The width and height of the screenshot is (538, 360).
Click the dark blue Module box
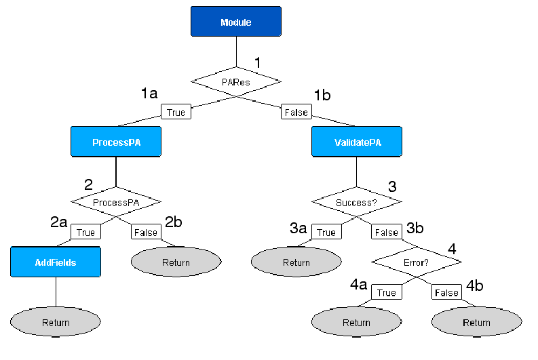click(x=235, y=22)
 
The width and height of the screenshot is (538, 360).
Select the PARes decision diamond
click(x=235, y=81)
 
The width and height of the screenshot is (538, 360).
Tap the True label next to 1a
click(x=176, y=112)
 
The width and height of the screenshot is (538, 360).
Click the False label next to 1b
click(x=296, y=112)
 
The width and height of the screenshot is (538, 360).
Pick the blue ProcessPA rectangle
click(x=116, y=142)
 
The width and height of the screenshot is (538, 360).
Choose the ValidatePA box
click(x=357, y=142)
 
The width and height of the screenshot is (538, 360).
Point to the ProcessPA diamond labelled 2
click(x=116, y=203)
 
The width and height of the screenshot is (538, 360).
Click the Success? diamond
click(x=357, y=202)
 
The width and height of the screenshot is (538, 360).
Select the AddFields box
click(x=56, y=262)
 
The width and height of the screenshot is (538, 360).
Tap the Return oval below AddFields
click(x=56, y=323)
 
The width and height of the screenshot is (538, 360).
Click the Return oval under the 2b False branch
click(x=176, y=262)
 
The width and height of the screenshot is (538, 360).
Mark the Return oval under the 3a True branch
click(x=296, y=262)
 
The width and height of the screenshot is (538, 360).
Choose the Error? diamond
click(x=417, y=262)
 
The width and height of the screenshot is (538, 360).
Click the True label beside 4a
click(x=386, y=292)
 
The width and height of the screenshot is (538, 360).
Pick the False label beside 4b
click(x=446, y=292)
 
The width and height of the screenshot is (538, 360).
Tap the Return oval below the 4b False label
click(x=476, y=323)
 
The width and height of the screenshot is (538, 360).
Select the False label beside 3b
click(x=387, y=232)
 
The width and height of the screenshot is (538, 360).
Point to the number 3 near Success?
click(x=392, y=186)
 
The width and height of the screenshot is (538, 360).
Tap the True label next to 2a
click(x=85, y=232)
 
